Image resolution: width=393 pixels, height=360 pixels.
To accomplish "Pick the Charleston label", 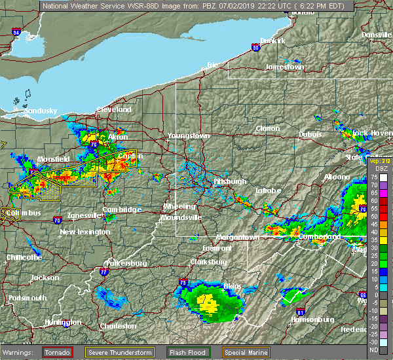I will tap(118, 326).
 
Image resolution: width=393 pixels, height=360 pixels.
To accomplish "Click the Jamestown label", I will tap(286, 67).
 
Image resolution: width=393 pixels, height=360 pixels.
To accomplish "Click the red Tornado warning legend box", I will tap(59, 351).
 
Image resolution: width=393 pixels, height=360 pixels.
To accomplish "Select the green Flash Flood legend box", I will tap(190, 351).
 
